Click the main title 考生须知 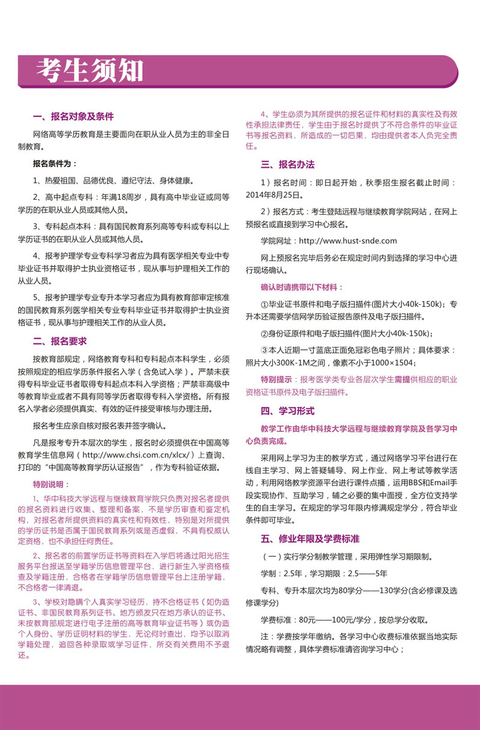(x=89, y=71)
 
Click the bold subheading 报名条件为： (x=55, y=164)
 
